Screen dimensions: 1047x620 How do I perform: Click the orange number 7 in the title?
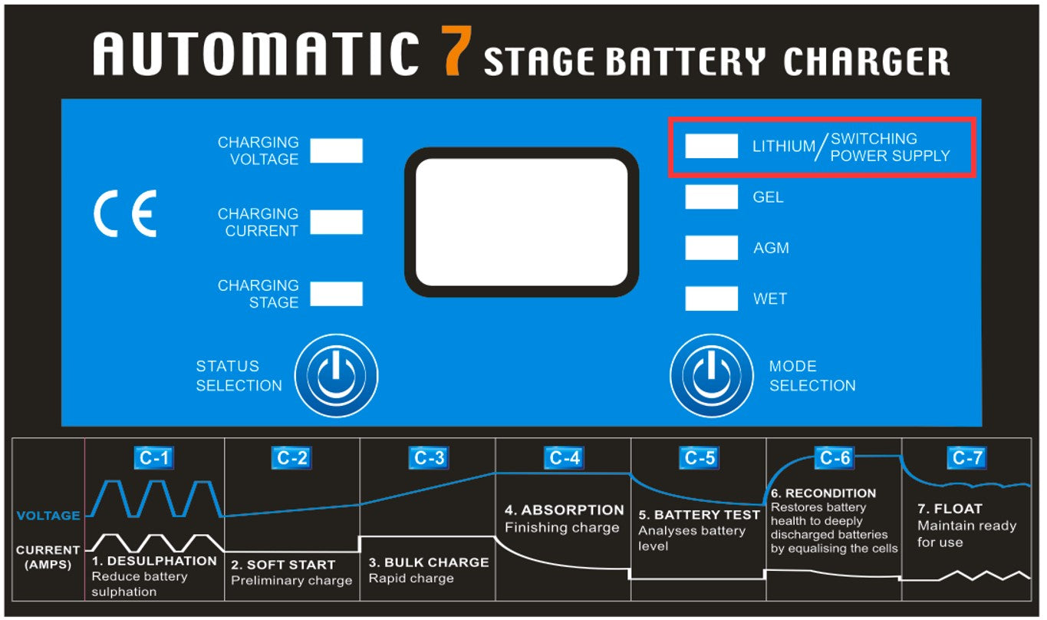456,51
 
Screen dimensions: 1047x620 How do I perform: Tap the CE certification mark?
125,213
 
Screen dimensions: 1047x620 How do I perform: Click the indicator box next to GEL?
711,196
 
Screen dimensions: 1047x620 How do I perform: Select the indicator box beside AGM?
711,247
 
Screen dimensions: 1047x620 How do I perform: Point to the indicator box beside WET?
711,298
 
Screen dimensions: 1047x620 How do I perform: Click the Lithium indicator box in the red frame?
711,146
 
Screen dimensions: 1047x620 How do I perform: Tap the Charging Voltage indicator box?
336,150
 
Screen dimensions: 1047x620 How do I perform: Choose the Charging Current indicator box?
336,222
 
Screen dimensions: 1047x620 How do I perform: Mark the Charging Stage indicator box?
336,294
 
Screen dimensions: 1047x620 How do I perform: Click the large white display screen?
522,222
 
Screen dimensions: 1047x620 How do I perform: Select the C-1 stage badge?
153,458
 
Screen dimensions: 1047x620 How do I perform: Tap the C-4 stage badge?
565,458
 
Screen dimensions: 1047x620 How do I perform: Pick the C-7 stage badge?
966,458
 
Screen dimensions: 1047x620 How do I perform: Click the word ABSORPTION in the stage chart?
572,510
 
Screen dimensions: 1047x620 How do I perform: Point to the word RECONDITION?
831,493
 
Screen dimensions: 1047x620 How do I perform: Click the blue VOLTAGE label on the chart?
48,516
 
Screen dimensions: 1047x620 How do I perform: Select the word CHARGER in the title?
867,61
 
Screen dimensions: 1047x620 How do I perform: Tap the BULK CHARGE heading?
436,562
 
